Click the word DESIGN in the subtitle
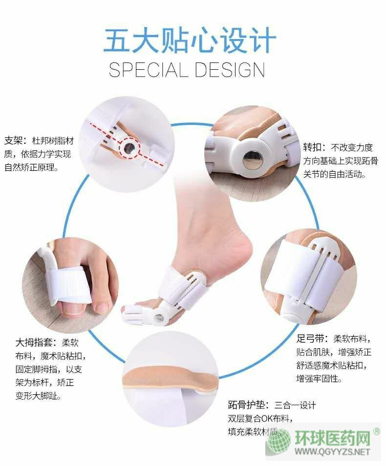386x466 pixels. (x=230, y=70)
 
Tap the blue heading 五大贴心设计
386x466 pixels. (x=190, y=41)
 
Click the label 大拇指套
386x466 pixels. (x=34, y=343)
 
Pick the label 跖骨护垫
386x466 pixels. (x=246, y=405)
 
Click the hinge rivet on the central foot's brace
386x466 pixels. (x=159, y=317)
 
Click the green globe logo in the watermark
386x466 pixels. (x=279, y=442)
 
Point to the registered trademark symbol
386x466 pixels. (x=377, y=431)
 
